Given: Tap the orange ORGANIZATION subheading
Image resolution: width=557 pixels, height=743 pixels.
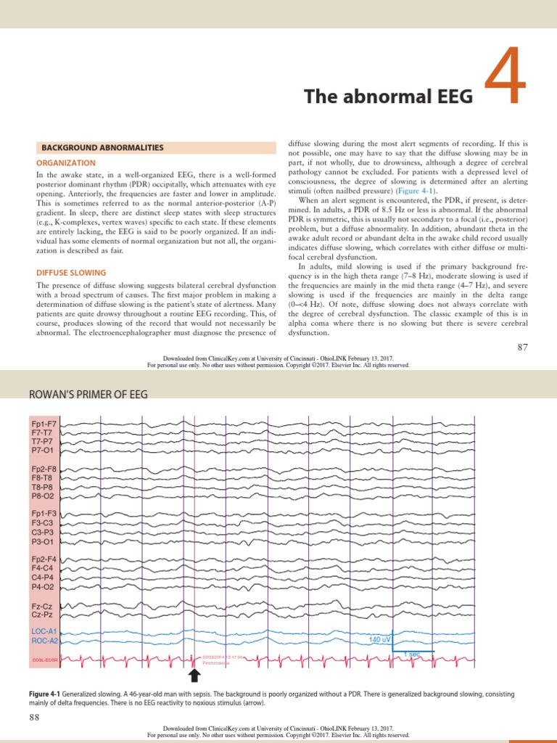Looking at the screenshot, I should pos(66,163).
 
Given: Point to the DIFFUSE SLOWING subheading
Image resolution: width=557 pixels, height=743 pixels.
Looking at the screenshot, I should pos(71,273).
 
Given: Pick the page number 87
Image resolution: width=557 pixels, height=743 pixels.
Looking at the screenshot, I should pos(523,348).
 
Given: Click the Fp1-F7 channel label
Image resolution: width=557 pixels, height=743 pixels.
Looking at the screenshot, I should pos(44,423).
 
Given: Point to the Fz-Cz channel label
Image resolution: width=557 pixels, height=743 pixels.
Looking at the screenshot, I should pos(42,604).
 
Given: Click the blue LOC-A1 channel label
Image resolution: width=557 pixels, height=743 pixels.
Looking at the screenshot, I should pos(44,632).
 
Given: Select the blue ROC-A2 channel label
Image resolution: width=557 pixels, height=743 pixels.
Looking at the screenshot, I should pos(44,641).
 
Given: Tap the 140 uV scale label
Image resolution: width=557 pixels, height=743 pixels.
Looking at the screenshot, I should pos(380,639).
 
